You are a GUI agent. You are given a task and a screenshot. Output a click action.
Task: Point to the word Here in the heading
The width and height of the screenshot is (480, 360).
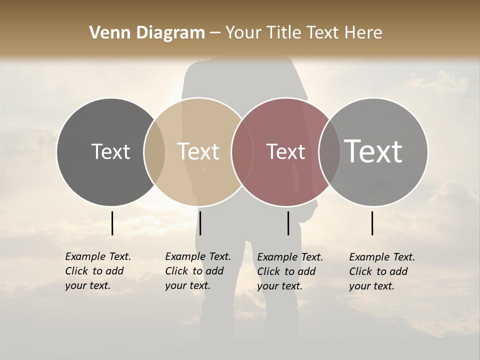364,33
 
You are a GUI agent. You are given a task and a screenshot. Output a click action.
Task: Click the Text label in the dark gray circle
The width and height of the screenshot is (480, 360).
110,151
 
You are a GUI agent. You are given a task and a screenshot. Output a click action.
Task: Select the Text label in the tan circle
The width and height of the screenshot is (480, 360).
198,151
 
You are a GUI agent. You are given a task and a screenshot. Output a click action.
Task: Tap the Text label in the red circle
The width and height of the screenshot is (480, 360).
285,151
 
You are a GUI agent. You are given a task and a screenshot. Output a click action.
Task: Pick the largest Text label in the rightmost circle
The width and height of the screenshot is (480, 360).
373,151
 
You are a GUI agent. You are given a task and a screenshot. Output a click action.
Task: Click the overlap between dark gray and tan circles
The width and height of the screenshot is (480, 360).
154,151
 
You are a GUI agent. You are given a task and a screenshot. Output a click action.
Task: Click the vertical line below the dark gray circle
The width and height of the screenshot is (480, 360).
112,223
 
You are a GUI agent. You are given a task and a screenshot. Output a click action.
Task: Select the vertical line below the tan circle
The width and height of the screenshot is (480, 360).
200,223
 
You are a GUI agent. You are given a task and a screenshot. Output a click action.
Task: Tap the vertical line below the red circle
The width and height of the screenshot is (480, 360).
288,223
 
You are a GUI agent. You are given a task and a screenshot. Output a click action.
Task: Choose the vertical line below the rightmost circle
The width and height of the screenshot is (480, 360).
372,223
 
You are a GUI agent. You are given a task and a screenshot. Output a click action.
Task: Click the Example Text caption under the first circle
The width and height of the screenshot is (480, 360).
97,271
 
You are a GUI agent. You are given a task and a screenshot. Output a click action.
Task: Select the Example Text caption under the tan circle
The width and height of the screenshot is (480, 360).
197,271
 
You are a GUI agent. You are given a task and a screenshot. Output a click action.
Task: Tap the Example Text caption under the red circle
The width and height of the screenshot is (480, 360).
289,271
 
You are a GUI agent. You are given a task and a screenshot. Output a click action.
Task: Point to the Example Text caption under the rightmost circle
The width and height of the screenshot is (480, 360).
381,271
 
